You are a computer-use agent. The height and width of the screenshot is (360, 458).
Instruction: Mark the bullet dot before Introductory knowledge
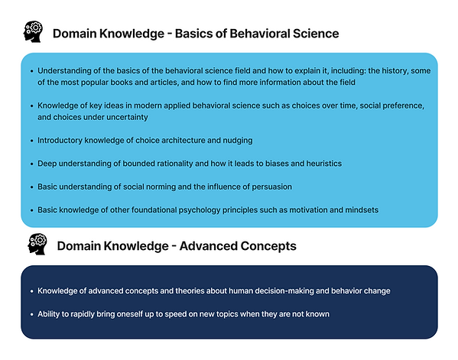(31, 141)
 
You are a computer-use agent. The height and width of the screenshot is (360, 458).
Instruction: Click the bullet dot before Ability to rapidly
(31, 315)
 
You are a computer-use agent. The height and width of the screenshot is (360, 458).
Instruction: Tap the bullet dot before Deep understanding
(31, 164)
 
